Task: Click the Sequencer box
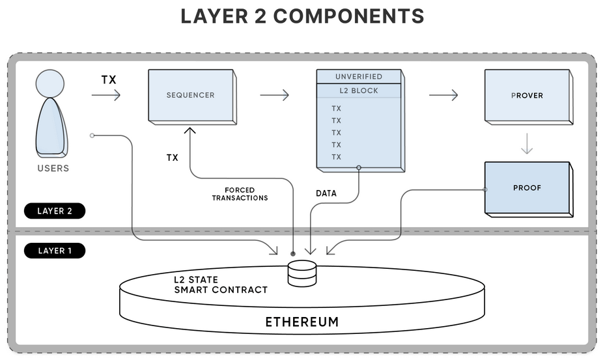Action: [x=189, y=95]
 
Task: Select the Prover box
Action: [x=527, y=95]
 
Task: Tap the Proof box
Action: [x=527, y=188]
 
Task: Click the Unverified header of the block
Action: [x=358, y=77]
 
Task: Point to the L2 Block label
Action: [x=358, y=90]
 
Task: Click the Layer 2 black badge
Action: [x=55, y=211]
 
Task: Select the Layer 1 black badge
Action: [x=55, y=251]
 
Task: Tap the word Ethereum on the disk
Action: [x=301, y=322]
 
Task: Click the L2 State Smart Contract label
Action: [x=220, y=284]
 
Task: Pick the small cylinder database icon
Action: [x=301, y=273]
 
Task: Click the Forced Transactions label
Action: [x=240, y=194]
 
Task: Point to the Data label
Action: [x=326, y=194]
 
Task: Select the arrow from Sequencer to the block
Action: [x=274, y=95]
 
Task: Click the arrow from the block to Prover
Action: [x=443, y=95]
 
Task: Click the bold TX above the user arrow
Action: [x=109, y=79]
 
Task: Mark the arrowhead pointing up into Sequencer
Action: [x=190, y=132]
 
